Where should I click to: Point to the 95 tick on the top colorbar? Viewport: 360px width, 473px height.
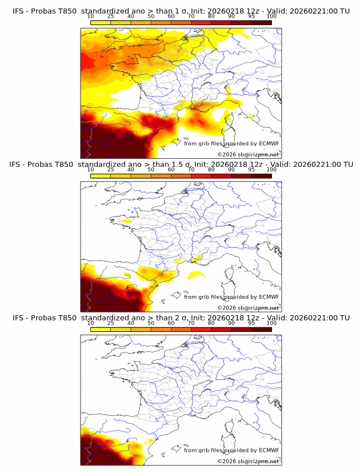click(x=251, y=17)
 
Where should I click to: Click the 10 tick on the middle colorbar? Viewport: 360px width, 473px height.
click(x=91, y=170)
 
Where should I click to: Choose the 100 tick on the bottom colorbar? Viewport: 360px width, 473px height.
click(x=271, y=323)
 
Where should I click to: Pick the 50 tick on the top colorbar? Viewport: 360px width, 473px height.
click(x=151, y=17)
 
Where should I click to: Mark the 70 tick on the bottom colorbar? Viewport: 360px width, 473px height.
click(x=191, y=323)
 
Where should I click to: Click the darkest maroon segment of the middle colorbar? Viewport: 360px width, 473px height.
click(x=261, y=175)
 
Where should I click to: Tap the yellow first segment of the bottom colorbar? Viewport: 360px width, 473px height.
click(x=101, y=329)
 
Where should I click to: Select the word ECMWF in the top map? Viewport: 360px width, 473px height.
click(x=269, y=143)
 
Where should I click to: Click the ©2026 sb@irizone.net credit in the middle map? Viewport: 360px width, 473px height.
click(x=249, y=307)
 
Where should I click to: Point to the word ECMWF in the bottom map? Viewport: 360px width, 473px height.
click(x=269, y=450)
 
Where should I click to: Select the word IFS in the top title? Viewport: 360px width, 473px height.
click(x=18, y=11)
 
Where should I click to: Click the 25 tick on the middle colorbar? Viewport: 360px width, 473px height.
click(x=111, y=170)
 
